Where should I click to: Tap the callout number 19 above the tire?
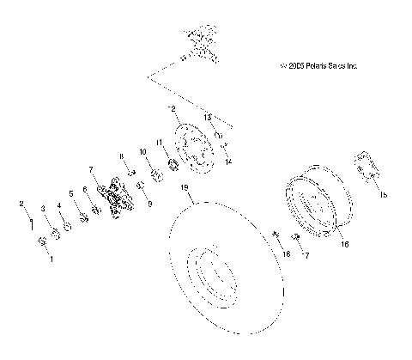click(x=184, y=188)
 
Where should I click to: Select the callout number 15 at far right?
click(x=384, y=195)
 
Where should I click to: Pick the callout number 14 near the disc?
click(x=228, y=161)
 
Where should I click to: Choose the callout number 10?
click(x=143, y=151)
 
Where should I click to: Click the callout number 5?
click(x=71, y=194)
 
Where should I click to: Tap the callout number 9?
click(x=150, y=205)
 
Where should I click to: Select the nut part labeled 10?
click(x=155, y=176)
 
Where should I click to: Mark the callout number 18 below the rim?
click(x=288, y=255)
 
